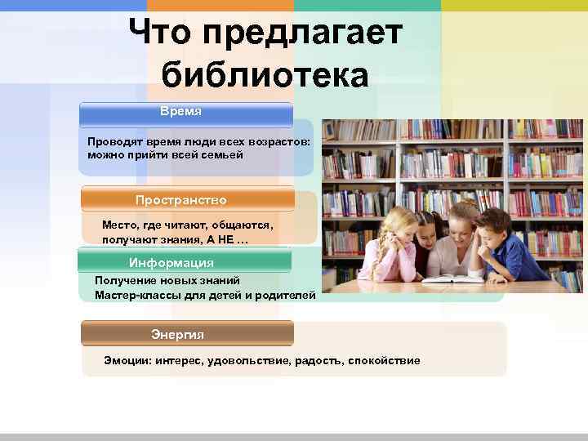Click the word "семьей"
(221, 154)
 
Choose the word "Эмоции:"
(128, 360)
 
